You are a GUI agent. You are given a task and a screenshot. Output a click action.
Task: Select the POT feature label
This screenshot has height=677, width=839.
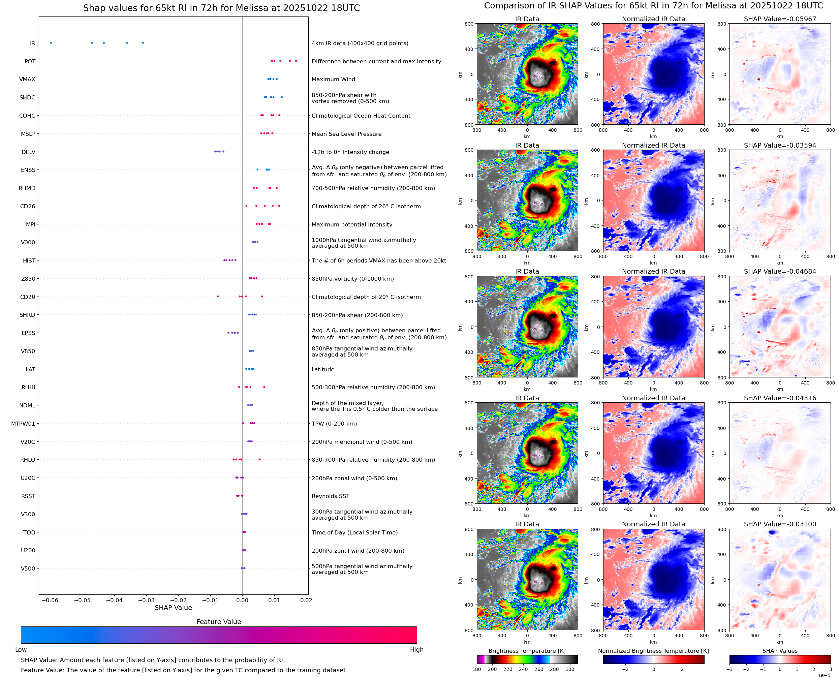(30, 61)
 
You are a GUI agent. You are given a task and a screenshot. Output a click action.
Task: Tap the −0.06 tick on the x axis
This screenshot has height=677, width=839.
(50, 600)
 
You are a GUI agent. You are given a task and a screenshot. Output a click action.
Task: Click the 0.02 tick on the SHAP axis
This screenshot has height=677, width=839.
(306, 600)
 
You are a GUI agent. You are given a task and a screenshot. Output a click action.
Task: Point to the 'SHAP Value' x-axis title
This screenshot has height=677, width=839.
(173, 608)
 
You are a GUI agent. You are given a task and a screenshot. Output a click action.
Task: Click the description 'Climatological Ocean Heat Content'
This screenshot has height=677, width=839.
(361, 116)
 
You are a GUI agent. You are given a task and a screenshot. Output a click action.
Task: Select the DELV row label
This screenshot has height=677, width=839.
(28, 152)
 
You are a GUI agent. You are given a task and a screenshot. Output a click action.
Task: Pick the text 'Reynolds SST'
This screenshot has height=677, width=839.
(330, 496)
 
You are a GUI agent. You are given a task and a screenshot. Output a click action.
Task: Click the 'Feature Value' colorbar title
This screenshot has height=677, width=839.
(218, 622)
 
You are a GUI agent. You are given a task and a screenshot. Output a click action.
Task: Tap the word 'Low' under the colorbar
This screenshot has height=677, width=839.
(21, 649)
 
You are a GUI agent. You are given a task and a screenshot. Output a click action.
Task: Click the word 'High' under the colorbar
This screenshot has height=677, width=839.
(416, 649)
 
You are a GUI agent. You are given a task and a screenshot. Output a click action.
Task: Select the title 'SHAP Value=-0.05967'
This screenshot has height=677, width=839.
(780, 19)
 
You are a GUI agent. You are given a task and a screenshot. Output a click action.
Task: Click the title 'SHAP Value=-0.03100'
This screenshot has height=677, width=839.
(780, 524)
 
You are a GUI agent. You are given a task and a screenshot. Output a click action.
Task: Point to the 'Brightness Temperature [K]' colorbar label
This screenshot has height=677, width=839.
(527, 651)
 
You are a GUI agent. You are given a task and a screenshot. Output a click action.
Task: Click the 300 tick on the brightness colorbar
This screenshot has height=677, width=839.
(569, 669)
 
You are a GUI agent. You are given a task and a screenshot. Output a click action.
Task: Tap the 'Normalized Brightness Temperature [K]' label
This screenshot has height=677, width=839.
(653, 651)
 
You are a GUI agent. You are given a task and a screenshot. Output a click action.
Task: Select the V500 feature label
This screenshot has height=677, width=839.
(28, 568)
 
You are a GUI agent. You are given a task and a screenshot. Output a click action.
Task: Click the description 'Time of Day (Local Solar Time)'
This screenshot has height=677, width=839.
(354, 532)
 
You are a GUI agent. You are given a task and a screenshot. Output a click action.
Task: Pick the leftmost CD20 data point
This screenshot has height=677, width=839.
(218, 297)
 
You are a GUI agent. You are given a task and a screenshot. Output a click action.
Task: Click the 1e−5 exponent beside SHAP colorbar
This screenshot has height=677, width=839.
(824, 675)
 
